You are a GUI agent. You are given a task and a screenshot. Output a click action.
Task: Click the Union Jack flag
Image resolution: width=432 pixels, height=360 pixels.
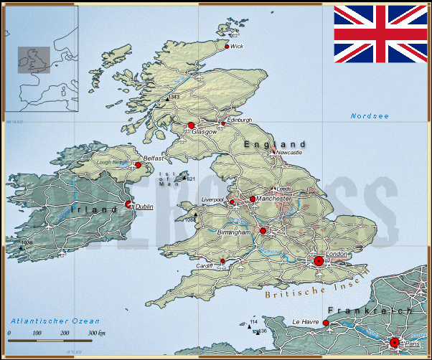point(380,34)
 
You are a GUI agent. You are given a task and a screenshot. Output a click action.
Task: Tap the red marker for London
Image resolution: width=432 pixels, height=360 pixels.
point(319,261)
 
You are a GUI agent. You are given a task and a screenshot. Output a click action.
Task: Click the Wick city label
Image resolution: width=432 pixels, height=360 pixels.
point(237,47)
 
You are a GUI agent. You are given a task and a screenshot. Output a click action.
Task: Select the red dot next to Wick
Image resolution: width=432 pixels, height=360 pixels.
point(227,47)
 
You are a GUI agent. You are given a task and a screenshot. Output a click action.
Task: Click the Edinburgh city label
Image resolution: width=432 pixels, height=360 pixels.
point(239,120)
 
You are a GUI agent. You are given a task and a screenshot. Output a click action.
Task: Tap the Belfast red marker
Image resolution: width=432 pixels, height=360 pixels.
point(138,165)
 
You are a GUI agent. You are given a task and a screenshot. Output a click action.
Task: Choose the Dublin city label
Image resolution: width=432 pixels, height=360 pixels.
point(144,207)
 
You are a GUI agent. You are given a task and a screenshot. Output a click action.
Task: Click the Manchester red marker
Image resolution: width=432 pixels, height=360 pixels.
point(253,199)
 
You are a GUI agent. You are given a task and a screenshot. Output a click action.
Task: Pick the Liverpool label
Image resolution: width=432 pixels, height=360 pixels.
point(213,199)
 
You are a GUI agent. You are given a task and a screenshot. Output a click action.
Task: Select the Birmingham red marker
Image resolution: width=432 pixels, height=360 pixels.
point(263,231)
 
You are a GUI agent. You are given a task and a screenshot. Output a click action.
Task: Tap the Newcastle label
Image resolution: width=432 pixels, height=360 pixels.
point(289,153)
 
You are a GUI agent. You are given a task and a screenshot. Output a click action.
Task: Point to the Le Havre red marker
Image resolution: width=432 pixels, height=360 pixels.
point(326,323)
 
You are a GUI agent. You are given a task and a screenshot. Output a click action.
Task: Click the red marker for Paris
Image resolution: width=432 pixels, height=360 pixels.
point(394,343)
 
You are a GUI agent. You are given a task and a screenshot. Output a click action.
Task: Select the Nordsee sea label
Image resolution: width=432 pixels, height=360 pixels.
point(370,116)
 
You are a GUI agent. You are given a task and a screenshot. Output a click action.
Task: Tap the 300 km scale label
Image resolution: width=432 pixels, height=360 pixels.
point(97,333)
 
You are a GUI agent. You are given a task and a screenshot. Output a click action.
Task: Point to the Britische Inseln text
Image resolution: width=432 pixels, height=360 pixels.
point(316,285)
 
